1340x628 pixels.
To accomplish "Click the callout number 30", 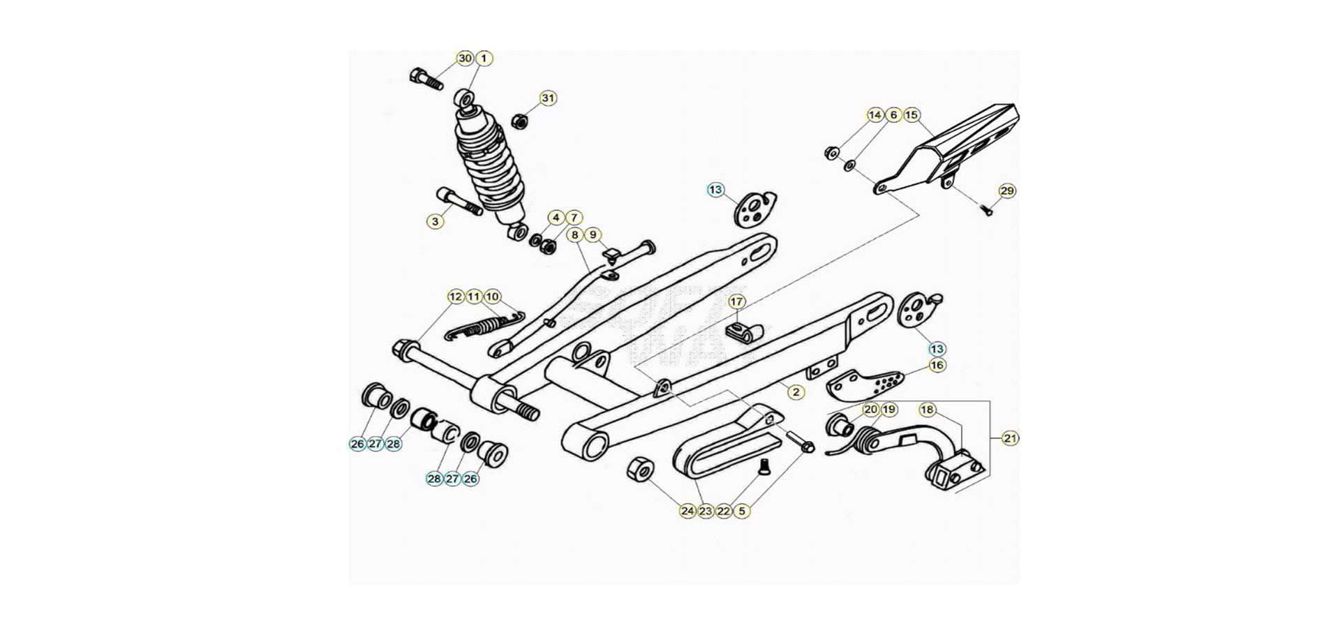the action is point(466,59).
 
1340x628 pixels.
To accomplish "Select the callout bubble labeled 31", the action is point(549,98).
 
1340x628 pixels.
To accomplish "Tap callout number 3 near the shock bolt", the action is point(435,222).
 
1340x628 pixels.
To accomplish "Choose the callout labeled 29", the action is point(1006,191).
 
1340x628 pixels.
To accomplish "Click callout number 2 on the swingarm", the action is point(796,391).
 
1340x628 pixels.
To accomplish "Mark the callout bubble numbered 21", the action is point(1011,438).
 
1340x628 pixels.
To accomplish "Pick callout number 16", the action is point(937,365).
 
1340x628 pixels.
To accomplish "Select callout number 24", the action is point(688,511).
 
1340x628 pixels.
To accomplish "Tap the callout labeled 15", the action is point(912,115).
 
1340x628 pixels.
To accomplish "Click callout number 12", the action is point(456,297).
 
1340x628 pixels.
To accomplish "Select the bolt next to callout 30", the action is point(427,79).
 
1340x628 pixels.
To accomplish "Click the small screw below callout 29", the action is point(987,210).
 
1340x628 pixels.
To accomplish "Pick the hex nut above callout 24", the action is point(641,469).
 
